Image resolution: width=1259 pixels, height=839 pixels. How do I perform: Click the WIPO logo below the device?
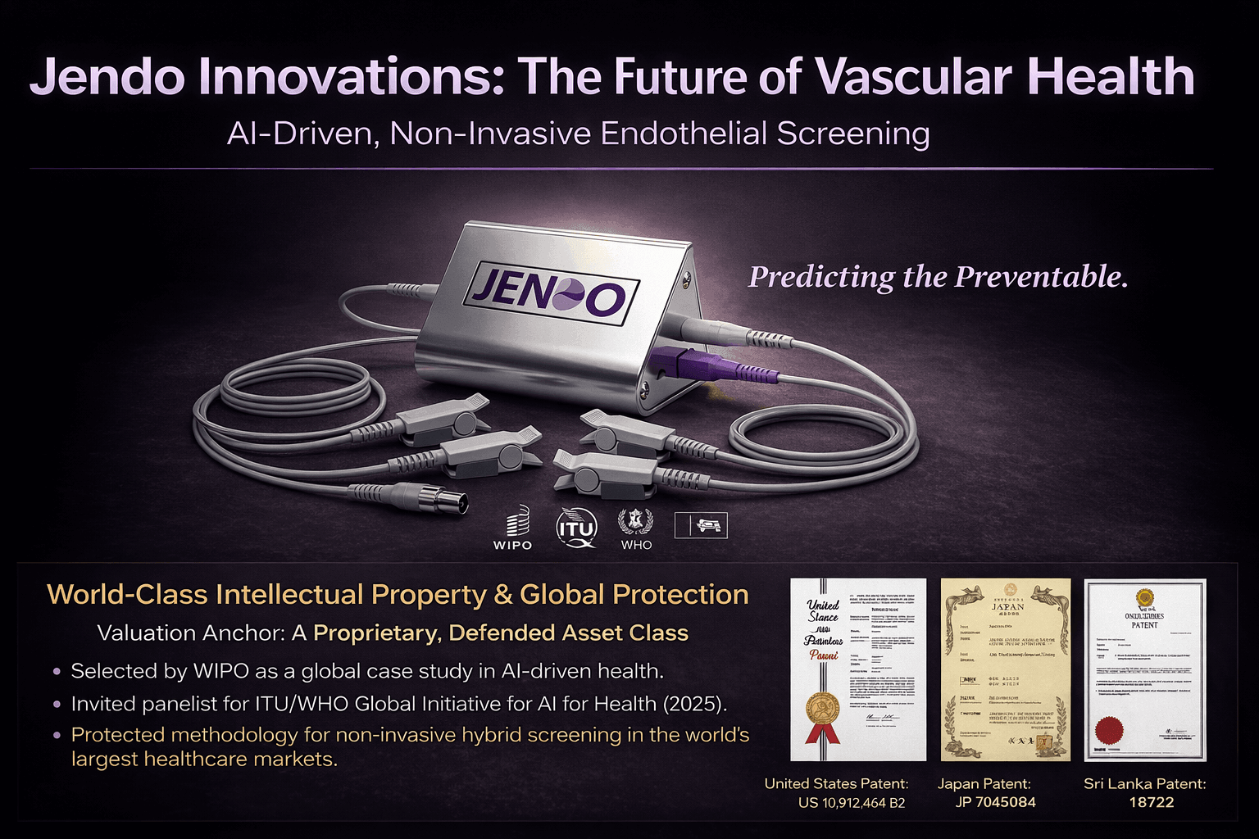(x=513, y=528)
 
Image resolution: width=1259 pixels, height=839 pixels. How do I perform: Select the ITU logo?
(x=577, y=528)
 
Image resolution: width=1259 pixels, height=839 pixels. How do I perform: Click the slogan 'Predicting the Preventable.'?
(x=938, y=277)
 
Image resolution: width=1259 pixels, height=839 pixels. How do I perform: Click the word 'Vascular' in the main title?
(x=913, y=77)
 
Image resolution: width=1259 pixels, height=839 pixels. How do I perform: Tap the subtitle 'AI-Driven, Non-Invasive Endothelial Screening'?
(x=578, y=134)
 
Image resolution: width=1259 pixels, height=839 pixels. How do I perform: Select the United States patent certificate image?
(x=857, y=669)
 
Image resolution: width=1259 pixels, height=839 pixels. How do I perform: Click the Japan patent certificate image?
(x=1006, y=669)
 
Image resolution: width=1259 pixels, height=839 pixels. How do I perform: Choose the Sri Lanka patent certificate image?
(x=1145, y=669)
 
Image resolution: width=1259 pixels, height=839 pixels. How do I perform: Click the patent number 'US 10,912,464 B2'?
(x=852, y=803)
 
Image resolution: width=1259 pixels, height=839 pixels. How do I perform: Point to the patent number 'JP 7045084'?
(x=995, y=803)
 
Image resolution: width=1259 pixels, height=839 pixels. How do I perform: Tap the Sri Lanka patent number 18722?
(x=1152, y=803)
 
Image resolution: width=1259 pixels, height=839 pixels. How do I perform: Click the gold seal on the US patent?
(x=823, y=709)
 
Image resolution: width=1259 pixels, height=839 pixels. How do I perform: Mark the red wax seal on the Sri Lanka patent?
(x=1111, y=728)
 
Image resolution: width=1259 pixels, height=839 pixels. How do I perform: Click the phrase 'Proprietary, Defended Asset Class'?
(x=501, y=633)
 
